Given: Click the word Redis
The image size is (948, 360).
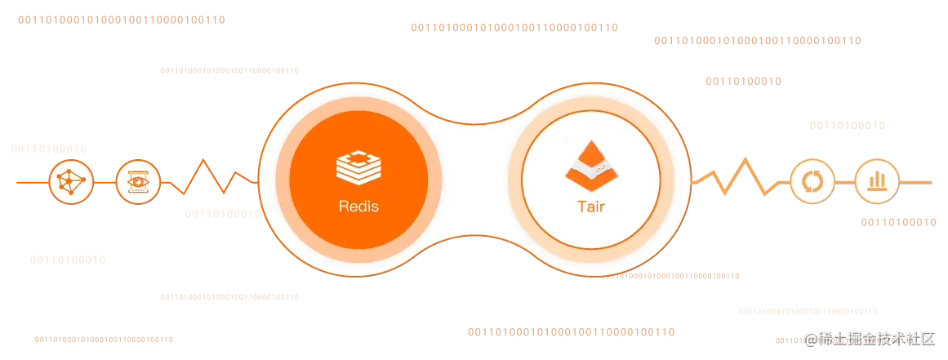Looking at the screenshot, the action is [x=358, y=207].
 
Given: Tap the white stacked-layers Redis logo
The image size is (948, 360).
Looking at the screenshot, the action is [x=358, y=166].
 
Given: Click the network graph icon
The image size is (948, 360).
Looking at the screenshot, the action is [x=72, y=181].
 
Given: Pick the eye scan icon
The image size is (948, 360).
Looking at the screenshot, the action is [x=138, y=181].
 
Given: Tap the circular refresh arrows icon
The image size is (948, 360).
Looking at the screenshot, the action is [x=812, y=181].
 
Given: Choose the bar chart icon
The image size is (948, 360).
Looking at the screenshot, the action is [x=878, y=181].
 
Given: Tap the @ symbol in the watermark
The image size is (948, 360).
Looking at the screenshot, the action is [x=810, y=338].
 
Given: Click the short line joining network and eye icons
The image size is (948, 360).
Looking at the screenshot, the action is [x=105, y=181].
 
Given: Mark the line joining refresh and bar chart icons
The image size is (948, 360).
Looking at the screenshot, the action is [x=845, y=181].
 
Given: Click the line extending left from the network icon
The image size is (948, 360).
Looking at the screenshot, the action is [x=31, y=181].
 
